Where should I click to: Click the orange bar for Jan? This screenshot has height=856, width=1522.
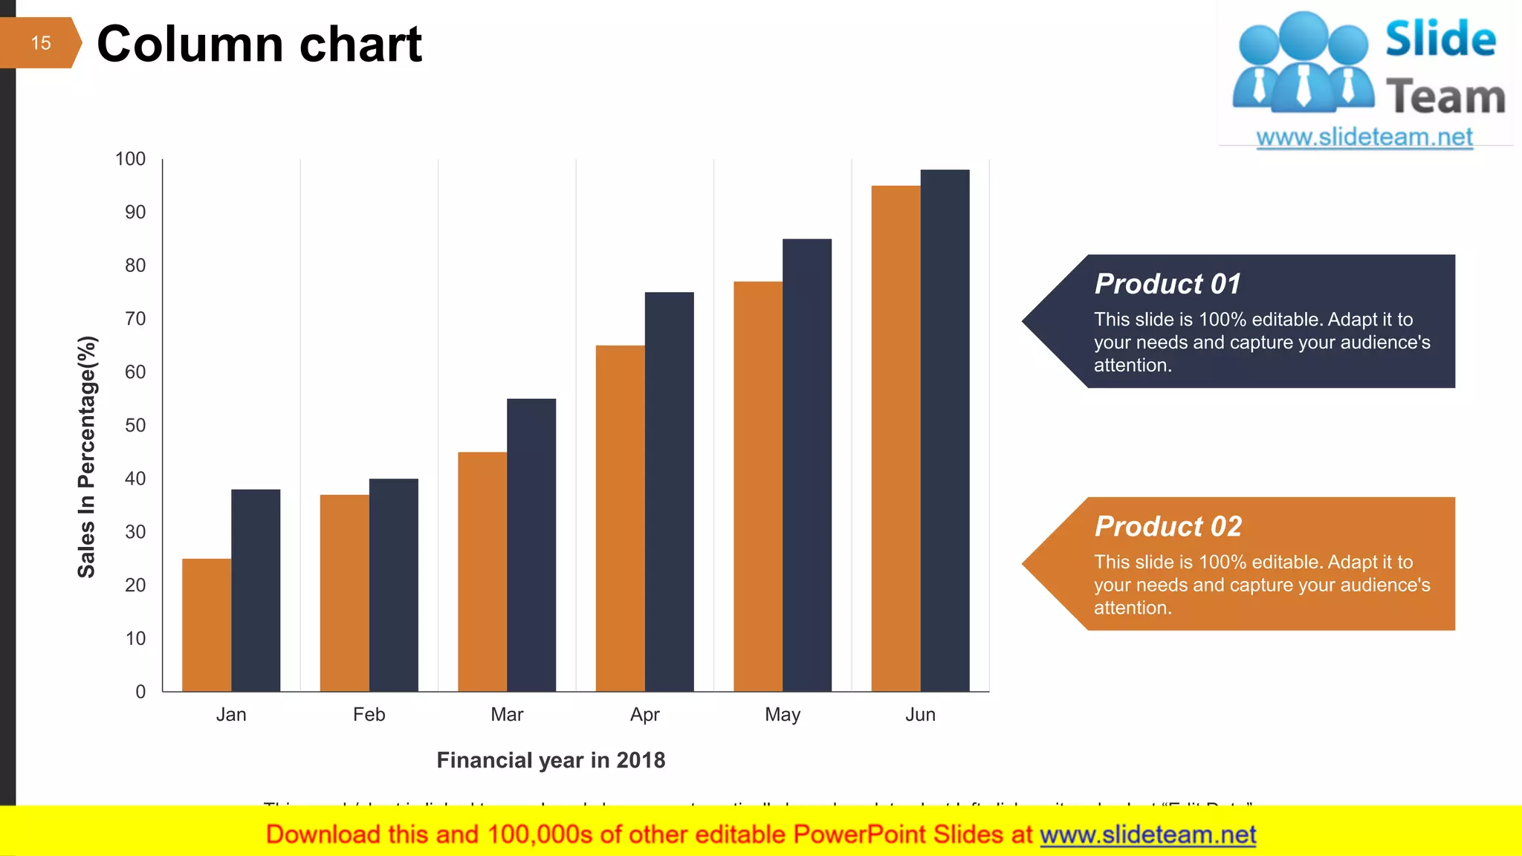207,625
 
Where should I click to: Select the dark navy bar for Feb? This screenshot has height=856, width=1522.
393,585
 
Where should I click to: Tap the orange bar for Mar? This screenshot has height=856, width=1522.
482,571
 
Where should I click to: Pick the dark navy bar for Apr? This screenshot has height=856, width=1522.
669,491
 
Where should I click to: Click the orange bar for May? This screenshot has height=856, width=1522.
757,486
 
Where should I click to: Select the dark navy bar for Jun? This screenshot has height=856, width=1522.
945,430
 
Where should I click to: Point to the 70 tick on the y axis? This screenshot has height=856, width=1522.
135,319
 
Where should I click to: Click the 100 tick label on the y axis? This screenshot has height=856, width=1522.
131,159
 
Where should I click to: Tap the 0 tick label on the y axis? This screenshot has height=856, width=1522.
140,692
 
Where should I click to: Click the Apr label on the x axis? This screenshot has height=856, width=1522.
644,715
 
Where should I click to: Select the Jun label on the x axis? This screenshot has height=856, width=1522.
920,715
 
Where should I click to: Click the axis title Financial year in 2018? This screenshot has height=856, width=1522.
551,760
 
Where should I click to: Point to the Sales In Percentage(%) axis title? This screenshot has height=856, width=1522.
87,457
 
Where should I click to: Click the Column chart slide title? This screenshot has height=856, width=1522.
259,44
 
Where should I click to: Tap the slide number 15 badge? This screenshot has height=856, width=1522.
40,43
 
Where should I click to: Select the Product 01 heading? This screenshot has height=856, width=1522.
1168,284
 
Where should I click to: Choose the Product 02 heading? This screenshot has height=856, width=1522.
1168,526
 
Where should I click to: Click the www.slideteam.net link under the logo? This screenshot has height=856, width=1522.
1364,137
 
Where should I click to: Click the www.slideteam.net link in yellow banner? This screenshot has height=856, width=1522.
1147,834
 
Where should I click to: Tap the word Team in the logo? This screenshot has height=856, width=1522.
1445,97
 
